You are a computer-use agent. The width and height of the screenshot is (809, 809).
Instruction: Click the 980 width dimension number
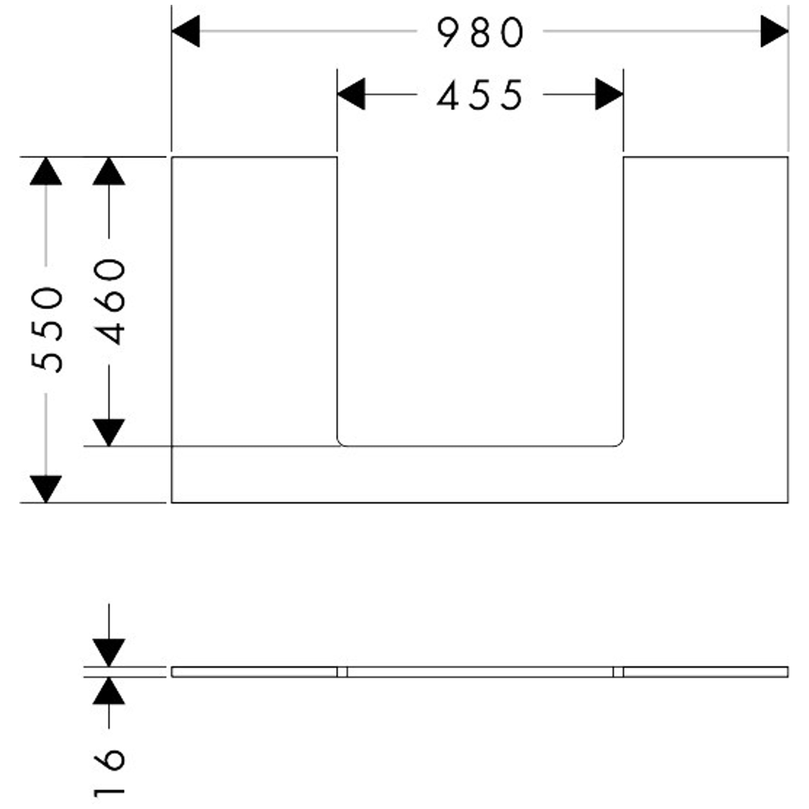tap(480, 33)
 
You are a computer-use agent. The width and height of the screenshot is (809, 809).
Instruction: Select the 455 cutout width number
tap(480, 95)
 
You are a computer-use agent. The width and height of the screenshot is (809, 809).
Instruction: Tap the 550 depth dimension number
tap(47, 330)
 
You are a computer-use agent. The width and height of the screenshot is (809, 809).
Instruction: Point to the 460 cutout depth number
tap(109, 302)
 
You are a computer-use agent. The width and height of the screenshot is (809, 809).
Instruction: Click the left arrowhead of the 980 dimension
tap(186, 32)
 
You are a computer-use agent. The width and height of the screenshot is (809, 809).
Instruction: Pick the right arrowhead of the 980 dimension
tap(775, 32)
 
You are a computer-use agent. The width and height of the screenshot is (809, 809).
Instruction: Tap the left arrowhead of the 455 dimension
tap(351, 94)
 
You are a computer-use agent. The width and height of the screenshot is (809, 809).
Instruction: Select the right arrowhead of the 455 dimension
tap(610, 94)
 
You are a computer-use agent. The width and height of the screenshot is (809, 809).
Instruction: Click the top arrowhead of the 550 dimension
tap(46, 171)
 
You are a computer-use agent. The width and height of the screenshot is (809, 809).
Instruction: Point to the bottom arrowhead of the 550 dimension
tap(46, 489)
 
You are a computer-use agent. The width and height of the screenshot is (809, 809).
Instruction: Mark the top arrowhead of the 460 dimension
tap(109, 171)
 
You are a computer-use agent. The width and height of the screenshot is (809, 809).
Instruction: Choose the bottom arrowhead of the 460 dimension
tap(109, 432)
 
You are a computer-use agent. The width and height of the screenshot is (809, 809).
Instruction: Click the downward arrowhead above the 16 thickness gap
tap(109, 652)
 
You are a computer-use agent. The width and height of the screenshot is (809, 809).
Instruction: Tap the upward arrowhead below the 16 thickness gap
tap(109, 690)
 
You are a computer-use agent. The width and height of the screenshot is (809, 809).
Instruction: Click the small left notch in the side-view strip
tap(342, 671)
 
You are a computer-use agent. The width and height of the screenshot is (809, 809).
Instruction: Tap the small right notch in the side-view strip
tap(618, 671)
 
